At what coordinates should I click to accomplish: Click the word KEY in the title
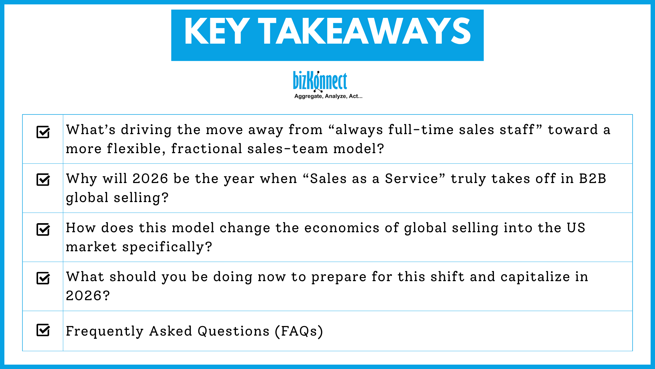(217, 32)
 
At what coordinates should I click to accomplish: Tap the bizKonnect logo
(320, 81)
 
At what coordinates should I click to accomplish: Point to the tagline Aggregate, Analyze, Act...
(328, 96)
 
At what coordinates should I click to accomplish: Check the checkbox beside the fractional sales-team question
(43, 132)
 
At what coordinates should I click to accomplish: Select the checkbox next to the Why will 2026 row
(43, 180)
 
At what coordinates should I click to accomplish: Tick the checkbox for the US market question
(43, 229)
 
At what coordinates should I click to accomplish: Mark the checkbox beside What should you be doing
(43, 278)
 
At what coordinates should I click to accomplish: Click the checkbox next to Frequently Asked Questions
(43, 330)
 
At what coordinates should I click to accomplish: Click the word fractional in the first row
(206, 149)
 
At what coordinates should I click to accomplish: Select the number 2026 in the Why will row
(150, 179)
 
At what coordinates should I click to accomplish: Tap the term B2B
(593, 179)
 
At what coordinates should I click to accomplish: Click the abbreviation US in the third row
(576, 228)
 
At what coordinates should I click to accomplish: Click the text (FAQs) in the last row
(299, 331)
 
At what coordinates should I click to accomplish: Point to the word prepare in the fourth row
(339, 277)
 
